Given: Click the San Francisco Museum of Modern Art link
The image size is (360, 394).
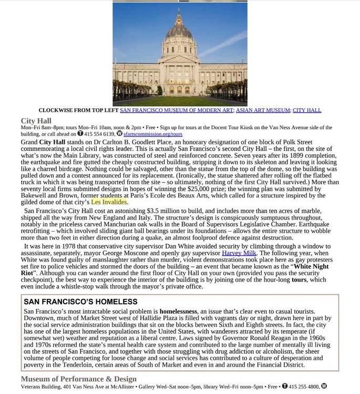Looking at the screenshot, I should [176, 110].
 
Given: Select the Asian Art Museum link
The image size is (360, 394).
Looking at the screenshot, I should [262, 110].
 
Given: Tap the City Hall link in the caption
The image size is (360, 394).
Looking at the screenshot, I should [306, 110].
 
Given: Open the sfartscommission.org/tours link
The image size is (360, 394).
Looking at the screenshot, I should [152, 134].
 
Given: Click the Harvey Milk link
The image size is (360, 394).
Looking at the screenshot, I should [239, 253].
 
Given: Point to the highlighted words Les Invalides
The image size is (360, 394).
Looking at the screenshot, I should [109, 202].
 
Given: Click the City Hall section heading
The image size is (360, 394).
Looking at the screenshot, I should [36, 121].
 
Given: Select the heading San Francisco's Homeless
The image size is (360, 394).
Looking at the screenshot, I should [80, 302].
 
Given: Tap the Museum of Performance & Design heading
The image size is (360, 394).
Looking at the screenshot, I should [78, 379].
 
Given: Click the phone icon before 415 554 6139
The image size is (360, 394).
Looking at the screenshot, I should [80, 133].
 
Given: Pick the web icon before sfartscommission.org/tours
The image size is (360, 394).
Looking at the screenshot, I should [119, 133].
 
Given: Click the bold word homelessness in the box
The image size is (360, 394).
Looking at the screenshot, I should [178, 312].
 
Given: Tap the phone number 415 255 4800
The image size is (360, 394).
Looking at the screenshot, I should [304, 387].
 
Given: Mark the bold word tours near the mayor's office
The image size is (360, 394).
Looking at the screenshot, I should [299, 279].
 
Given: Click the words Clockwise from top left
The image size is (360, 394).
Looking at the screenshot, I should [78, 110].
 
